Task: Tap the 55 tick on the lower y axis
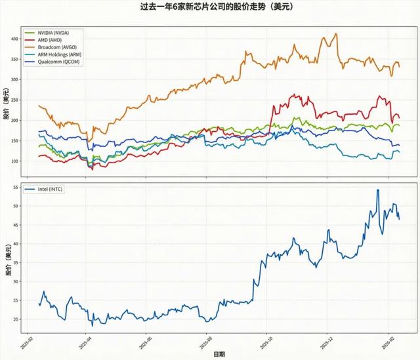16,188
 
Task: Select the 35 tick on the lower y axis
16,263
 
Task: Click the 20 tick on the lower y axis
16,319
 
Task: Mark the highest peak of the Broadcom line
336,33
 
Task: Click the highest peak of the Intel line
377,190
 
